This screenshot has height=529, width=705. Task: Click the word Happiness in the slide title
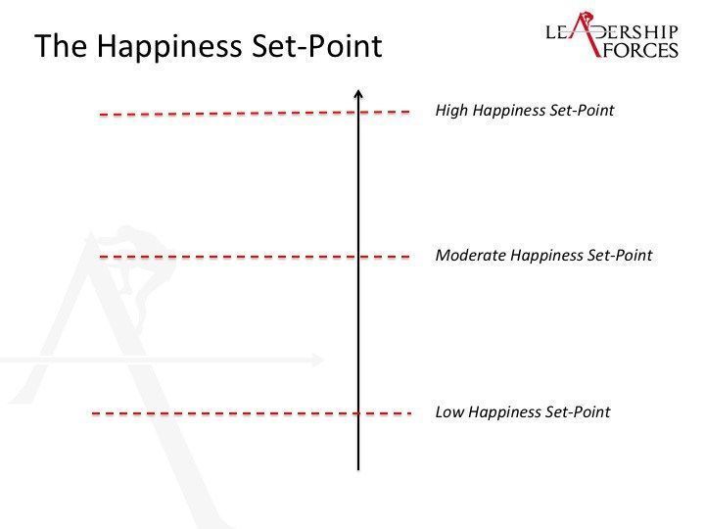(x=169, y=47)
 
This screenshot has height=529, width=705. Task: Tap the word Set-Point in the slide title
(x=316, y=45)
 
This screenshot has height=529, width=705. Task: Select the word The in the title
(x=61, y=45)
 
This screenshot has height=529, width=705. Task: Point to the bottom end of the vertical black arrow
(x=358, y=470)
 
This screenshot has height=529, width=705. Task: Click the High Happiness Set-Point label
(x=524, y=110)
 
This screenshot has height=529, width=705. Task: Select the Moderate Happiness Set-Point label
(x=543, y=255)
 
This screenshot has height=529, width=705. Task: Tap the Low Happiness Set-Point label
(x=523, y=412)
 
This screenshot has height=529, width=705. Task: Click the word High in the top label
(x=451, y=110)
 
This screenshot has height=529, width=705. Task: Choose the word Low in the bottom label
(x=449, y=412)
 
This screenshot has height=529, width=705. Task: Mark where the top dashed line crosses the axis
(x=358, y=112)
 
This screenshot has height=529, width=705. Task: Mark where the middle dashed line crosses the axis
(x=358, y=257)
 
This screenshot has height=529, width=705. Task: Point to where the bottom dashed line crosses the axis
(x=358, y=413)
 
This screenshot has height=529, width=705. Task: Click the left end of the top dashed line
(x=100, y=115)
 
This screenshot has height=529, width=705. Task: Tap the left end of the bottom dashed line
(x=92, y=413)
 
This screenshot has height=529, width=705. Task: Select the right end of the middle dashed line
(x=409, y=257)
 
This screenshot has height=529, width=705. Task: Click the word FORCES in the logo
(x=640, y=50)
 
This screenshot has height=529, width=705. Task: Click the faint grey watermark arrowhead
(x=318, y=360)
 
